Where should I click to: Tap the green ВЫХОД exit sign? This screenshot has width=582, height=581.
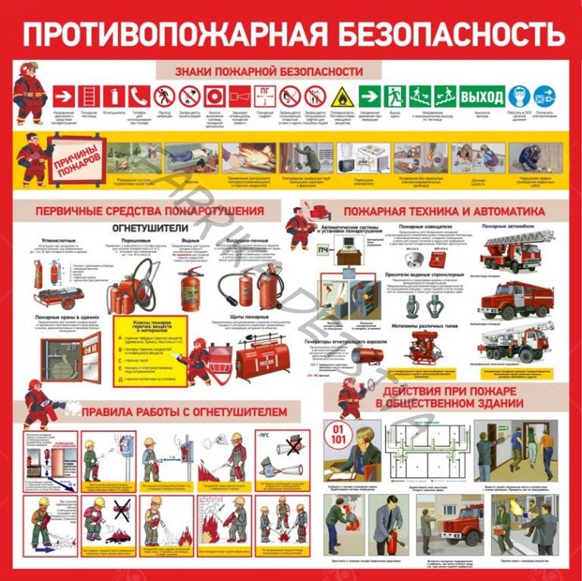pyautogui.click(x=483, y=96)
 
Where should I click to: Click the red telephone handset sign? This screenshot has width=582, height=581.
pyautogui.click(x=137, y=96)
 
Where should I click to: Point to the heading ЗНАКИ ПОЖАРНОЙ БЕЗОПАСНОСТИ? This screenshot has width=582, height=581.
pyautogui.click(x=269, y=72)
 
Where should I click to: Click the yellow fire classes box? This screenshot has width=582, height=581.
pyautogui.click(x=147, y=348)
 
